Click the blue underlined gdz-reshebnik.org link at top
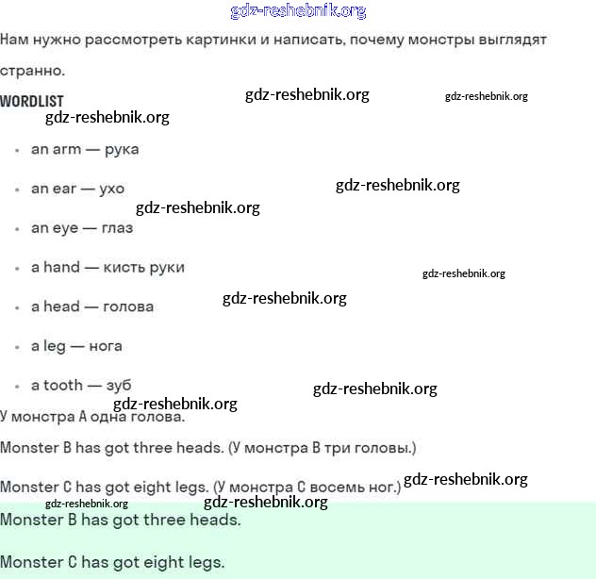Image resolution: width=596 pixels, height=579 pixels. (x=298, y=11)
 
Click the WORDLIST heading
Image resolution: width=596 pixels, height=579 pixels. (x=32, y=101)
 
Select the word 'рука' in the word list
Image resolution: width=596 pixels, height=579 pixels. (x=122, y=149)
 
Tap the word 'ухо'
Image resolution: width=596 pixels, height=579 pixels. (x=111, y=189)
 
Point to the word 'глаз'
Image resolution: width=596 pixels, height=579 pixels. (x=117, y=228)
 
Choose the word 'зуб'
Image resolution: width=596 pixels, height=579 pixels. (x=119, y=385)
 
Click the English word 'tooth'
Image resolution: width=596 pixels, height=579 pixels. (x=63, y=385)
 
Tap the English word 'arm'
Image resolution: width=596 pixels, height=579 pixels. (x=67, y=149)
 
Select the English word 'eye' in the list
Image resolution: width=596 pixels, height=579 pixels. (x=66, y=228)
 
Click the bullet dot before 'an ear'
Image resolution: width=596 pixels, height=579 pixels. (x=17, y=190)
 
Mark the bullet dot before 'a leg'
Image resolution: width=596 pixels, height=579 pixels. (x=17, y=347)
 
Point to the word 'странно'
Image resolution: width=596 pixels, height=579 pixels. (x=32, y=71)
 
